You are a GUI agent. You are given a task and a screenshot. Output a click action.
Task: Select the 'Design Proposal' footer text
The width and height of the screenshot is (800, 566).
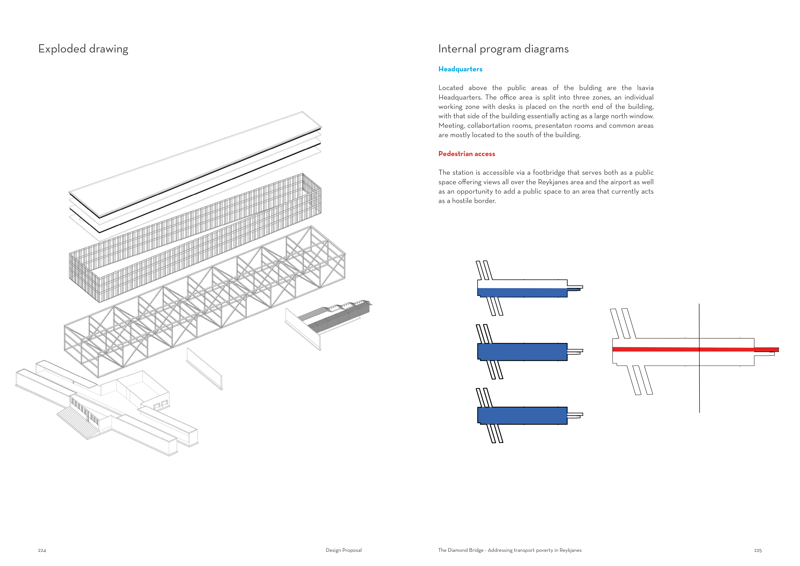(343, 550)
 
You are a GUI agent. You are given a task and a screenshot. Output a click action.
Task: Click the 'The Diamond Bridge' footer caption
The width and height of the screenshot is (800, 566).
(509, 550)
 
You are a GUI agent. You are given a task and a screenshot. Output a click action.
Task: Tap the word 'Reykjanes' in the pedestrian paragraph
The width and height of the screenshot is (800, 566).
(553, 182)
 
